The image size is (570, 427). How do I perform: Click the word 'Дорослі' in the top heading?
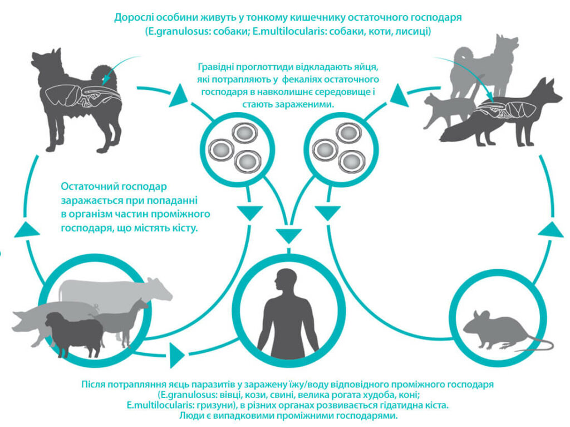pyautogui.click(x=134, y=17)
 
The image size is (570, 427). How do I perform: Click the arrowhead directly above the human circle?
pyautogui.click(x=288, y=234)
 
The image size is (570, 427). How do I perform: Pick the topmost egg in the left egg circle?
pyautogui.click(x=243, y=133)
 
